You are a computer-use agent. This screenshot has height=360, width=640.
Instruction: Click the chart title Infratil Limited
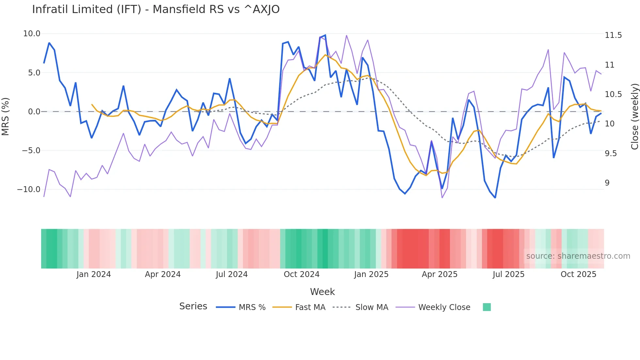click(156, 9)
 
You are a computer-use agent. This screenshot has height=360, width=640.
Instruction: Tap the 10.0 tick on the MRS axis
click(32, 34)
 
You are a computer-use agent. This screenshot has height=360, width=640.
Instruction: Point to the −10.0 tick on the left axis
click(29, 189)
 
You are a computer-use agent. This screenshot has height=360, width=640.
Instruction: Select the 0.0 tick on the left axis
click(34, 112)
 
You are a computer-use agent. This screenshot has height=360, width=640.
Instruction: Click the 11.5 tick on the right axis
click(613, 35)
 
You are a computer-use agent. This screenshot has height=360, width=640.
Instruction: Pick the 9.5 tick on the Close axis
click(611, 154)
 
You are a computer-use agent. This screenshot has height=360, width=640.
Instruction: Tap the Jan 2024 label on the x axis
click(94, 274)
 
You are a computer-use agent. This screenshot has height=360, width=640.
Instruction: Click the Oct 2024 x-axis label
click(301, 274)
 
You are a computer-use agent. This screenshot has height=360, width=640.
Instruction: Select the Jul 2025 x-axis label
click(508, 274)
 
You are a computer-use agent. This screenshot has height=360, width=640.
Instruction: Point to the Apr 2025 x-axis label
click(440, 274)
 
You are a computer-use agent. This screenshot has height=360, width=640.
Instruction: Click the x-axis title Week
click(322, 292)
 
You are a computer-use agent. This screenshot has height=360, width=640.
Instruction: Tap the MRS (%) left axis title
click(6, 117)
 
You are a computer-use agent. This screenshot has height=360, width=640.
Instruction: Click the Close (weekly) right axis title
click(634, 117)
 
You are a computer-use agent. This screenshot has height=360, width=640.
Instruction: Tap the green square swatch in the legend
click(487, 307)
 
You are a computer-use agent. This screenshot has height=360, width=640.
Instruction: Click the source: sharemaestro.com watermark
click(578, 256)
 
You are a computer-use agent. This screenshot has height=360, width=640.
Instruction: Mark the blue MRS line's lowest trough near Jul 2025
click(495, 198)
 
